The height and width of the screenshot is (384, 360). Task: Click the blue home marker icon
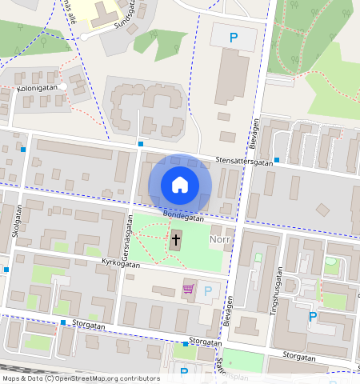(x=180, y=185)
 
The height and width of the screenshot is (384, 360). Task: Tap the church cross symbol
(x=175, y=239)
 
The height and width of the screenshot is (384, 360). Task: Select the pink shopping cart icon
(x=189, y=289)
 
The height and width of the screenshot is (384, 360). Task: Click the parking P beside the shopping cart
(x=209, y=290)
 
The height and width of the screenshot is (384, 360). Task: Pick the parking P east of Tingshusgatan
(x=313, y=317)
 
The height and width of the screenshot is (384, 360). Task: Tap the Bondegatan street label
(x=183, y=216)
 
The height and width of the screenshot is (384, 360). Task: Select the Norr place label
(x=220, y=238)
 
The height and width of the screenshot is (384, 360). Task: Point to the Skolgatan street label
(x=17, y=221)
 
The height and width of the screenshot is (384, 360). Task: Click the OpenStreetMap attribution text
(x=80, y=378)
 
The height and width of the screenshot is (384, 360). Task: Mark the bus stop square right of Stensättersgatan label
(x=277, y=160)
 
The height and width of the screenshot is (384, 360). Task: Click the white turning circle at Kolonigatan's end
(x=62, y=86)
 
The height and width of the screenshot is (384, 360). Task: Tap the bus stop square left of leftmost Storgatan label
(x=62, y=322)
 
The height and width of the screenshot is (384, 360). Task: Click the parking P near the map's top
(x=234, y=37)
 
